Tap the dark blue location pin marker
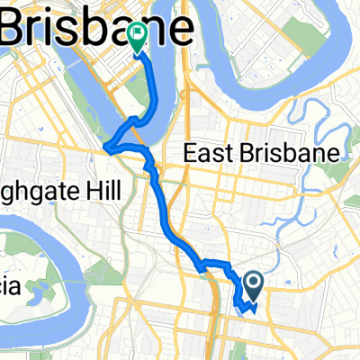pos(253,287)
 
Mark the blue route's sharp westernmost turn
pos(107,147)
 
